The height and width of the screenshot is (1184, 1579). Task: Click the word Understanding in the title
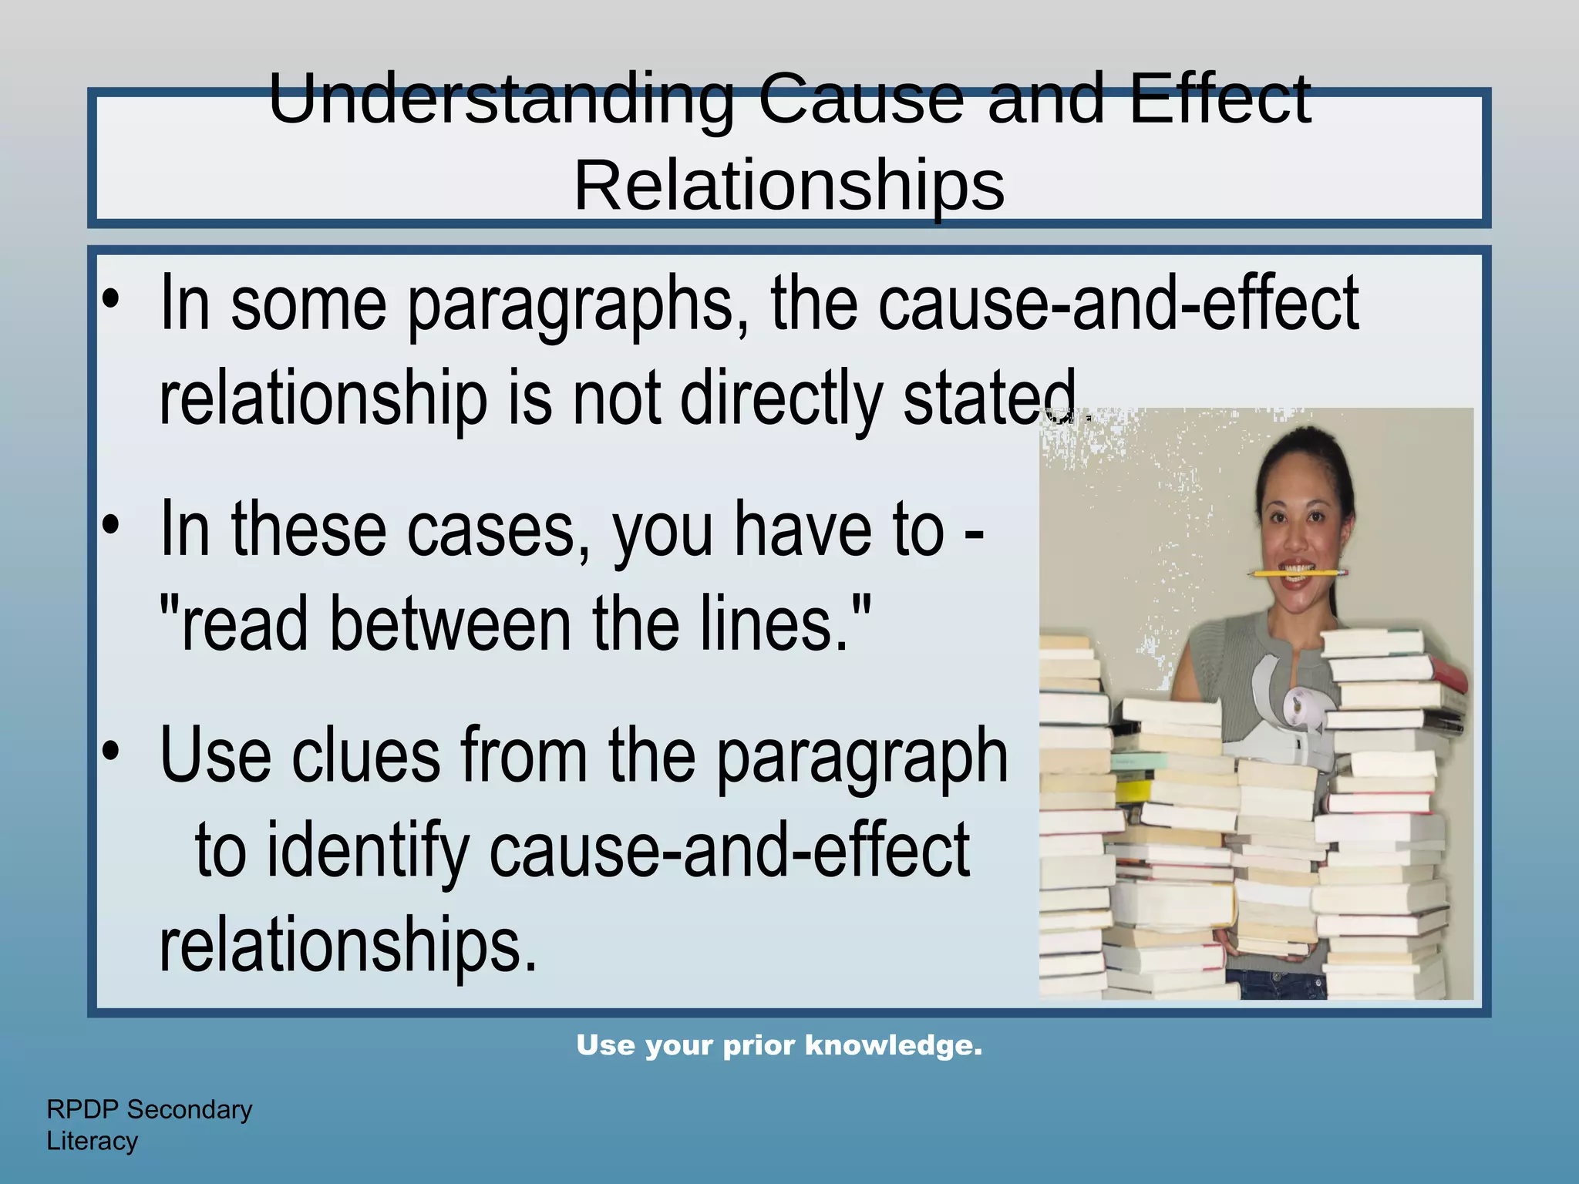click(x=501, y=100)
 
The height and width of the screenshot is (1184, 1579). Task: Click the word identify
click(x=368, y=851)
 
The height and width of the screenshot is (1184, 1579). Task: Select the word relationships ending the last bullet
click(x=347, y=945)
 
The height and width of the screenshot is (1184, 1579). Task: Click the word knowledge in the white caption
click(x=894, y=1046)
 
